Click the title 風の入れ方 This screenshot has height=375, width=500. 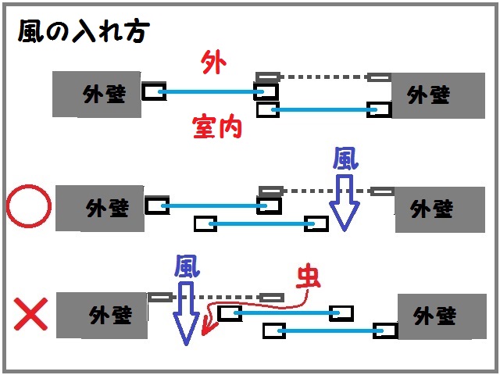82,32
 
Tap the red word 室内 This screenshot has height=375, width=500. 216,125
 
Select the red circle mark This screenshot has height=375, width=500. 28,208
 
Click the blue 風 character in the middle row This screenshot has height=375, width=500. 345,160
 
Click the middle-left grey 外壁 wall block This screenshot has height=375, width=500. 100,209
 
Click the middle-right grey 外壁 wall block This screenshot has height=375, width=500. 434,209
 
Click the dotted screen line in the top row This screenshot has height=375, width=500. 323,77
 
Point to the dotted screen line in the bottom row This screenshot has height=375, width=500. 216,297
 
